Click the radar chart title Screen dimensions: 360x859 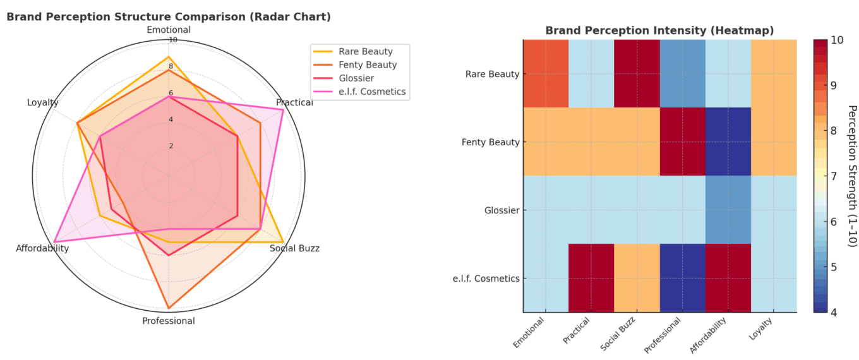pyautogui.click(x=169, y=17)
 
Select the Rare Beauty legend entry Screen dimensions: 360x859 pyautogui.click(x=365, y=52)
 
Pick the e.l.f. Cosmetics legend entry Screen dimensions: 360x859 pyautogui.click(x=371, y=92)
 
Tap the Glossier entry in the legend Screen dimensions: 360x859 pyautogui.click(x=356, y=78)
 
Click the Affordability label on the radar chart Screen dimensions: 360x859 pyautogui.click(x=42, y=249)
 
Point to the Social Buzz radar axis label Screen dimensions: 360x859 pyautogui.click(x=294, y=248)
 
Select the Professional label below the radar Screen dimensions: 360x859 pyautogui.click(x=169, y=321)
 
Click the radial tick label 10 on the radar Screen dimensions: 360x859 pyautogui.click(x=172, y=40)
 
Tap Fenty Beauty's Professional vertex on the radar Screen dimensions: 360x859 pyautogui.click(x=169, y=308)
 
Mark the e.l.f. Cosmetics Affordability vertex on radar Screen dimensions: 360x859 pyautogui.click(x=54, y=242)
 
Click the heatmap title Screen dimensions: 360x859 pyautogui.click(x=659, y=30)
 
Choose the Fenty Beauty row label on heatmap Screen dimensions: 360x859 pyautogui.click(x=492, y=142)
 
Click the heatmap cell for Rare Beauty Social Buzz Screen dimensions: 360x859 pyautogui.click(x=637, y=74)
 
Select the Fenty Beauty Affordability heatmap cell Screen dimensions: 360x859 pyautogui.click(x=728, y=142)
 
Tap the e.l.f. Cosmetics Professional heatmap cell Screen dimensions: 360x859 pyautogui.click(x=682, y=278)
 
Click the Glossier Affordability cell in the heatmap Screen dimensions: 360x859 pyautogui.click(x=728, y=210)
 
